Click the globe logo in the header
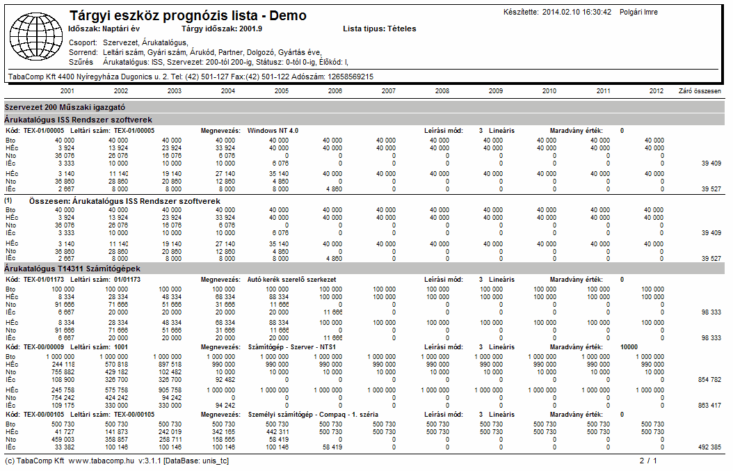coord(36,36)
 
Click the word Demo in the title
coord(288,15)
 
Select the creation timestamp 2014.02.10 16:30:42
coord(577,12)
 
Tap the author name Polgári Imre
coord(638,12)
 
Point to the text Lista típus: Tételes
coord(380,29)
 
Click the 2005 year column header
coord(282,90)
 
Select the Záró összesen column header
coord(700,90)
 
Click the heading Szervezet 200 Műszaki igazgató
coord(65,107)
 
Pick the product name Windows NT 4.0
coord(273,131)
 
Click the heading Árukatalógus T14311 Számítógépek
coord(72,269)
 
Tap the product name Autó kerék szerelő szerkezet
coord(291,279)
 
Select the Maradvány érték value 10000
coord(629,346)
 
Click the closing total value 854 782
coord(709,379)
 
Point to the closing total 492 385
coord(709,447)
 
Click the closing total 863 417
coord(709,405)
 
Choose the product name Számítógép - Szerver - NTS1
coord(291,346)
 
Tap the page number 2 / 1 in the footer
coord(648,461)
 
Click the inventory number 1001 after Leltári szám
coord(120,346)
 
